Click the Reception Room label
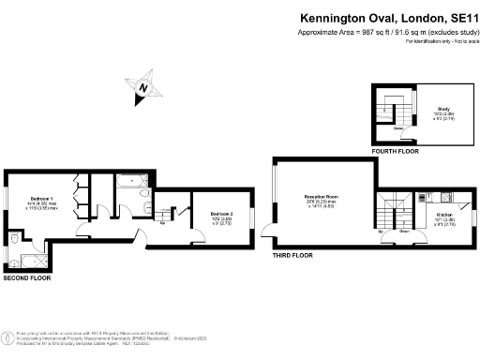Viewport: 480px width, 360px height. tap(321, 199)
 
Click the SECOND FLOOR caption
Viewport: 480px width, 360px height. tap(28, 279)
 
